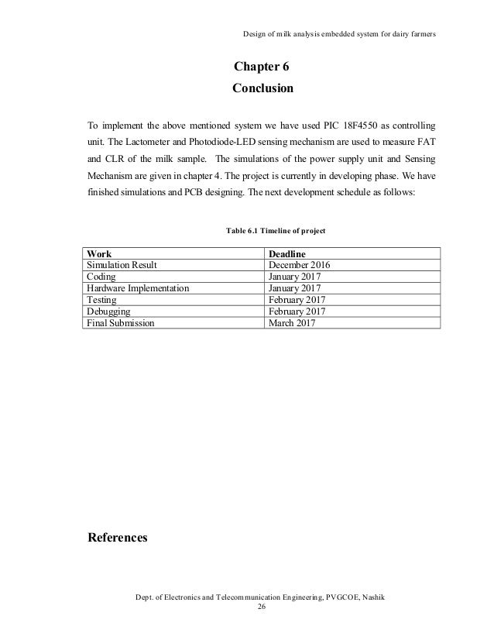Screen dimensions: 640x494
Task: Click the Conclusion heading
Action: click(262, 88)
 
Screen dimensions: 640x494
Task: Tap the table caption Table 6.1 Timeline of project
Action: click(276, 231)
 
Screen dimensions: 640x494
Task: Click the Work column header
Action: click(99, 253)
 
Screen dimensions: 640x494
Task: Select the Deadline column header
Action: click(288, 253)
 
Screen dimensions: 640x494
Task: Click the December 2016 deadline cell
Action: click(299, 264)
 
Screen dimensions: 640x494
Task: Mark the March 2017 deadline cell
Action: click(293, 322)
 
